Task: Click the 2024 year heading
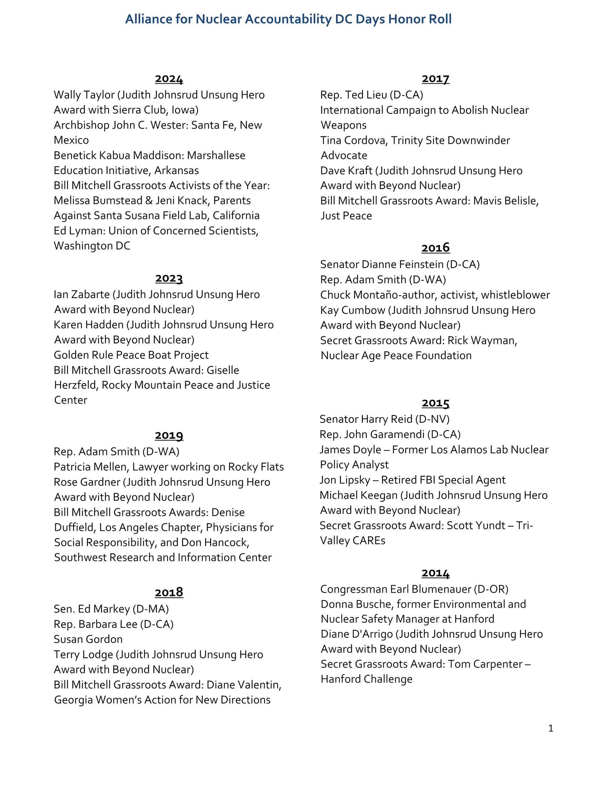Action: [x=169, y=79]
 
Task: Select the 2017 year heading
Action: [x=436, y=79]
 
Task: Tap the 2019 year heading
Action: [x=169, y=436]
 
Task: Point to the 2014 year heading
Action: [x=436, y=573]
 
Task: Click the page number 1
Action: [x=551, y=728]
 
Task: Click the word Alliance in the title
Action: [x=149, y=19]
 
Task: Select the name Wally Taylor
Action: [x=84, y=95]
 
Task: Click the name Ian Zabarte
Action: [x=82, y=295]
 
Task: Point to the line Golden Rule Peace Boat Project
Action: [x=131, y=355]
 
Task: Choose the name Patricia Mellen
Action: [x=91, y=467]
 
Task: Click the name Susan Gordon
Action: [x=88, y=639]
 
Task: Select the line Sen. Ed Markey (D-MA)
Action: [x=111, y=609]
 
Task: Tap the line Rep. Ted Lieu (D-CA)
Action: [x=371, y=95]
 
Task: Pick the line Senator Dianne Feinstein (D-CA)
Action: [x=400, y=264]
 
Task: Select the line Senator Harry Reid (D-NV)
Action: [x=385, y=419]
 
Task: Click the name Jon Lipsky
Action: [x=345, y=480]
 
